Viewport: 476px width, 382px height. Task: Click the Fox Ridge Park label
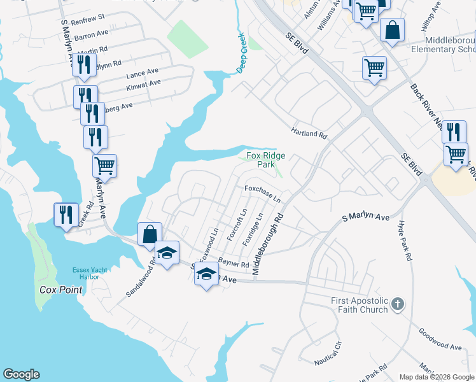click(x=265, y=160)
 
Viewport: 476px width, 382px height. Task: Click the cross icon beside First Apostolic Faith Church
click(x=398, y=304)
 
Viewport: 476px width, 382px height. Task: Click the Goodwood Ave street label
click(x=440, y=339)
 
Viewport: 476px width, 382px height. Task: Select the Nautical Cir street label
click(x=328, y=354)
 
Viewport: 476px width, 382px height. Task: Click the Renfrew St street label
click(x=88, y=22)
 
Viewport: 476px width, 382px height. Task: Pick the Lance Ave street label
click(x=141, y=72)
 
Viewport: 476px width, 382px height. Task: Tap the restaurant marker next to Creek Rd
click(x=66, y=215)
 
